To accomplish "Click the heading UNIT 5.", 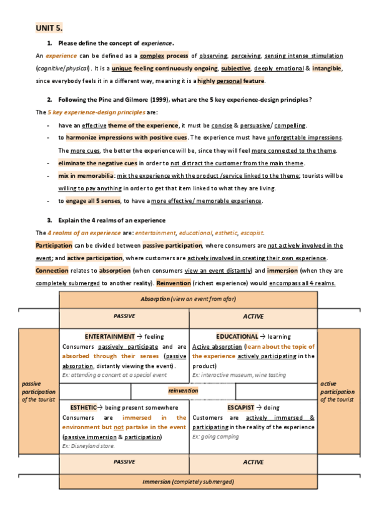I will click(49, 29).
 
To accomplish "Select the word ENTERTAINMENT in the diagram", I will click(110, 336).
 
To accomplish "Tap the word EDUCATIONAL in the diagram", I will click(237, 336).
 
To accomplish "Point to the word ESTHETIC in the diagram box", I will click(84, 407).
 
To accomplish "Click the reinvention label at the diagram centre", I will click(183, 391).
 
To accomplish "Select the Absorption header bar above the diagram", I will click(188, 299).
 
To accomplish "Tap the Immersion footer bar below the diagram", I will click(188, 482).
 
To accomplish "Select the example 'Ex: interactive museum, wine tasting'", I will click(239, 375).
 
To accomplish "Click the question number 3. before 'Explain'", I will click(50, 220).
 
